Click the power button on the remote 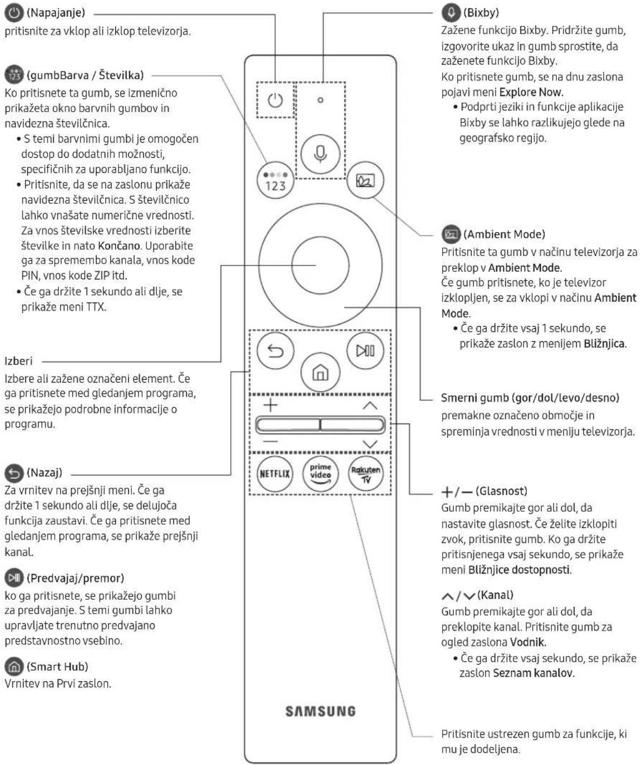tap(275, 100)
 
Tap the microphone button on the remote tap(320, 154)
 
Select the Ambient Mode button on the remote tap(365, 180)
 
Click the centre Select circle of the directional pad tap(320, 265)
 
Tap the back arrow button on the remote tap(275, 351)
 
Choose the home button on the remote tap(320, 373)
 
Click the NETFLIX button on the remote tap(275, 474)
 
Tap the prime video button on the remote tap(321, 474)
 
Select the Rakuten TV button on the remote tap(366, 474)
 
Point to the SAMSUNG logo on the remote tap(321, 711)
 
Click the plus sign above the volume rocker tap(271, 405)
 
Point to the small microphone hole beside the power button tap(320, 100)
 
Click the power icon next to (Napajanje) tap(14, 13)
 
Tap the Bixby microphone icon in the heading tap(451, 13)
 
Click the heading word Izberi tap(18, 361)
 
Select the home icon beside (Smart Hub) tap(14, 666)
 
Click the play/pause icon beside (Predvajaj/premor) tap(14, 578)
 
